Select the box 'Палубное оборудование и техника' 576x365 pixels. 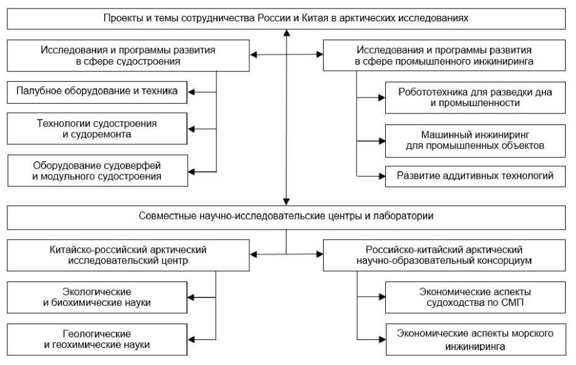[x=97, y=91]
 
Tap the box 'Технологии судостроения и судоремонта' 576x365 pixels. [x=97, y=129]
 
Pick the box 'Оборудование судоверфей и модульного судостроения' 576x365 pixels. [x=97, y=170]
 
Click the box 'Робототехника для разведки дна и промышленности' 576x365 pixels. [x=475, y=97]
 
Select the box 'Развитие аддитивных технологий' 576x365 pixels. [x=475, y=176]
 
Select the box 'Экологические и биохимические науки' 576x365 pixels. [x=97, y=297]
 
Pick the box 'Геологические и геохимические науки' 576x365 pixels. [x=97, y=339]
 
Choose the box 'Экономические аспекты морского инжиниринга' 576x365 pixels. [x=475, y=340]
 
